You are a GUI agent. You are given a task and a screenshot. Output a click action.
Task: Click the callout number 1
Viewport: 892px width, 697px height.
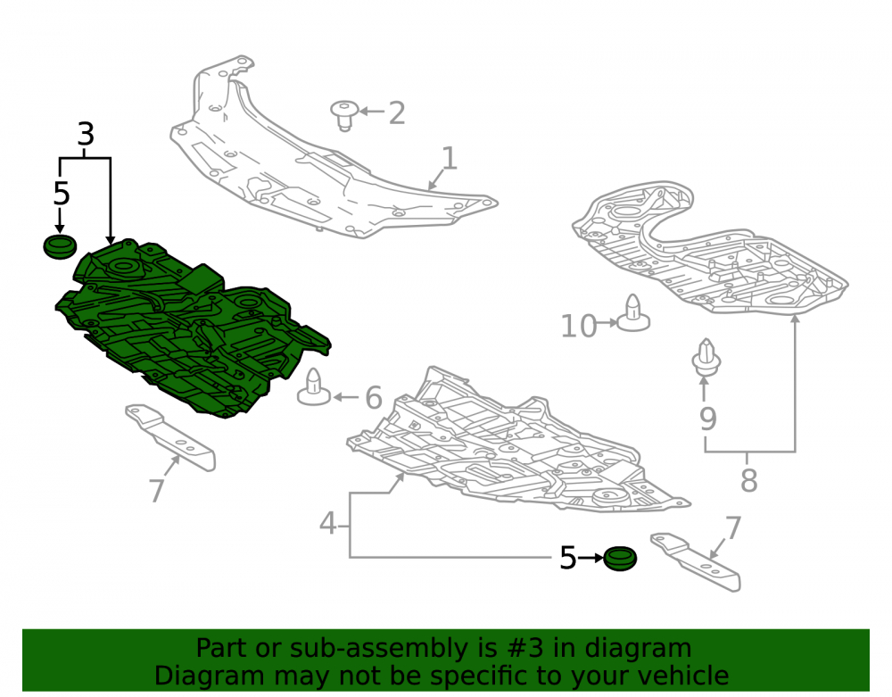tap(450, 158)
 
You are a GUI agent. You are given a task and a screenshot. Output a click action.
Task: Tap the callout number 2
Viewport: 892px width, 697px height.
tap(397, 112)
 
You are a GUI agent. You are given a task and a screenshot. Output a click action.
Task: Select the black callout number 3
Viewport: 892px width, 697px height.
tap(86, 134)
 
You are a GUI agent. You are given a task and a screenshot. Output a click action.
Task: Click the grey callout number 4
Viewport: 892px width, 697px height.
tap(327, 524)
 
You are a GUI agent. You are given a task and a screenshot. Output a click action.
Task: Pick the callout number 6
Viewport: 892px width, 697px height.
tap(373, 397)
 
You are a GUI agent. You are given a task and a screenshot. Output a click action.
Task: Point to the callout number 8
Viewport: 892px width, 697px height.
tap(748, 480)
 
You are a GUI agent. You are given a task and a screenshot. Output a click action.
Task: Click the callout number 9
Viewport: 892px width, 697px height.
tap(707, 419)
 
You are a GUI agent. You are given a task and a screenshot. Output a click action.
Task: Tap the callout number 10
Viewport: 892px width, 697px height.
tap(579, 327)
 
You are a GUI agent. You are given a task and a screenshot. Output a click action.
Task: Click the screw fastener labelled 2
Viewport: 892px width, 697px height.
tap(344, 115)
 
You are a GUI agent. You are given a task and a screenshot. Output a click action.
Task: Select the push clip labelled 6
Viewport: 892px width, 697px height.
tap(313, 388)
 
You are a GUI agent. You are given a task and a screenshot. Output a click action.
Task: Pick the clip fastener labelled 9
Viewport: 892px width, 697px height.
tap(706, 357)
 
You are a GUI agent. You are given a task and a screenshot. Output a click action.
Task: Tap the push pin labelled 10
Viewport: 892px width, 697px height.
tap(633, 313)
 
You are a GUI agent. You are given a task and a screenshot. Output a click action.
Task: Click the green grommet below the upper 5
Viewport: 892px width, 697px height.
tap(60, 246)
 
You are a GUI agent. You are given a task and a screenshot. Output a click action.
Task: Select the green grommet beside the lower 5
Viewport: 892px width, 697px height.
tap(620, 559)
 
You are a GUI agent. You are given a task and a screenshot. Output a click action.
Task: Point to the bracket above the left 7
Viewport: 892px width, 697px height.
tap(170, 437)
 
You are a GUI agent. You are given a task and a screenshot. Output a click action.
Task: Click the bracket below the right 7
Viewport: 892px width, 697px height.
tap(696, 561)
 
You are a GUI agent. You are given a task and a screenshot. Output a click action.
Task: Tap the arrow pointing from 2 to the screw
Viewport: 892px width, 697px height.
tap(372, 112)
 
